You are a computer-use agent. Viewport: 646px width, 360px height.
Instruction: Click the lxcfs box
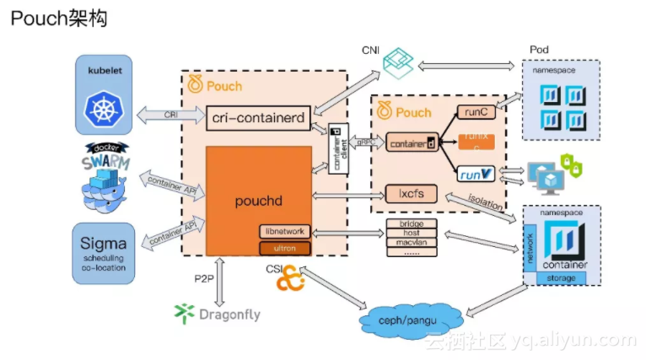411,194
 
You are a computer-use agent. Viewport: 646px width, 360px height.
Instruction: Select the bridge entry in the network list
411,223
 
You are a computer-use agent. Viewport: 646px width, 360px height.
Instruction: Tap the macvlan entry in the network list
411,242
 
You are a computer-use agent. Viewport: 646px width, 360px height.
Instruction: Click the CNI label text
369,51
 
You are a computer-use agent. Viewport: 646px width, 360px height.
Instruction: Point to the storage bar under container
561,277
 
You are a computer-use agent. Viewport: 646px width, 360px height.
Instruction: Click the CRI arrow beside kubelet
171,114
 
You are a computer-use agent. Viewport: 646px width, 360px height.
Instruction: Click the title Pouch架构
60,19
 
